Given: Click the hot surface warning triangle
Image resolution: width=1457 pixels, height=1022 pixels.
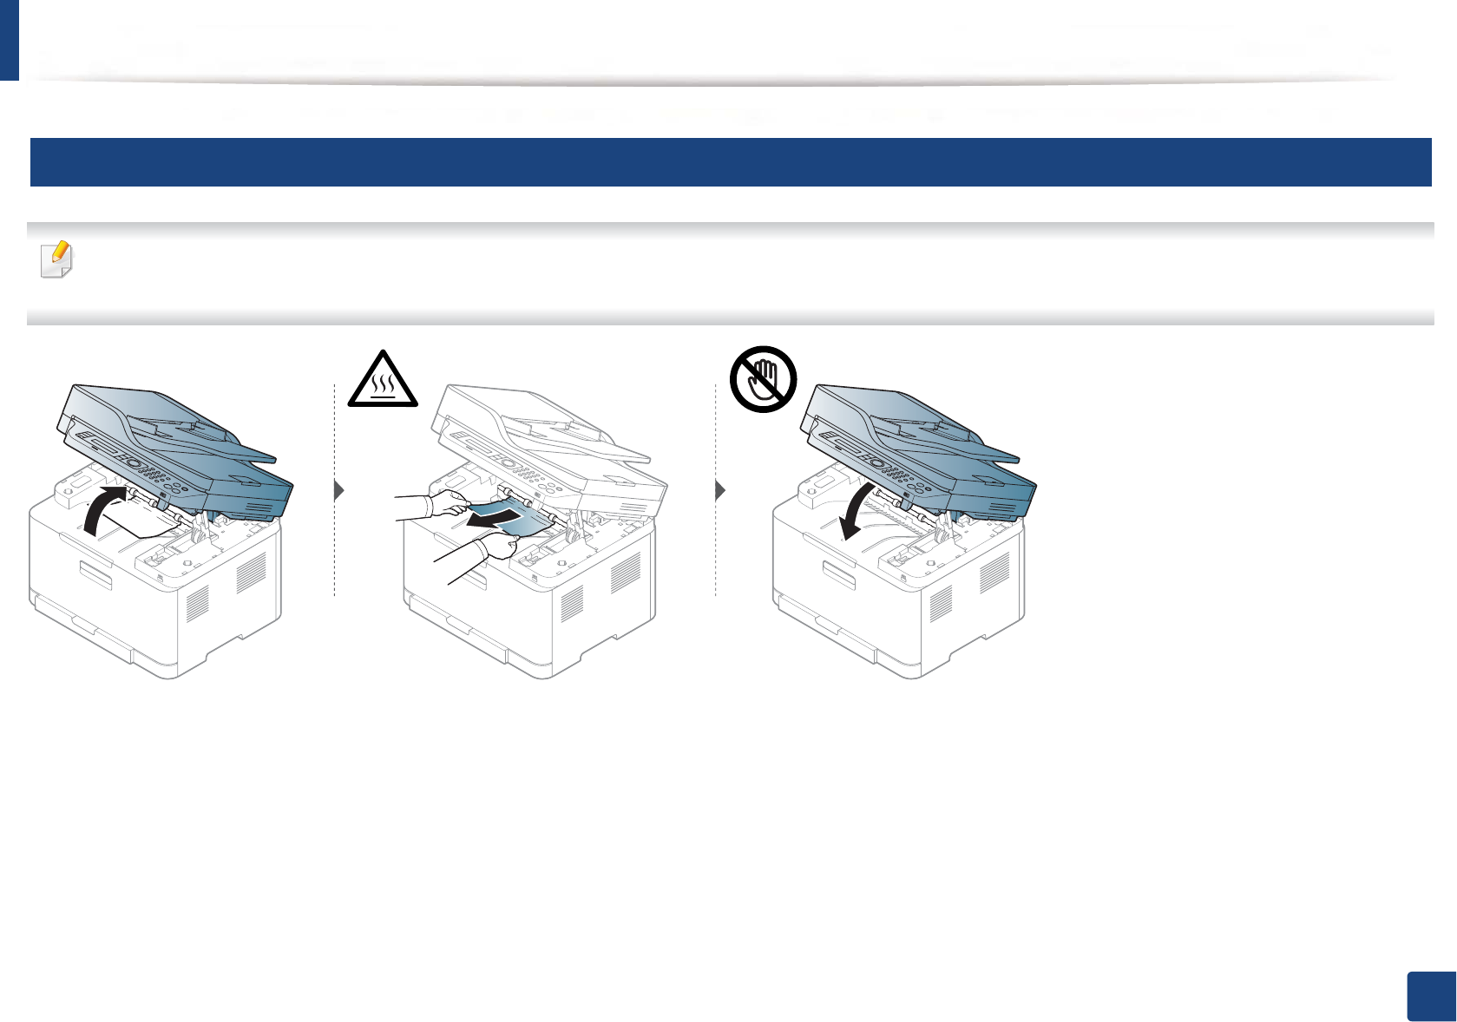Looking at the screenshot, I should [x=383, y=381].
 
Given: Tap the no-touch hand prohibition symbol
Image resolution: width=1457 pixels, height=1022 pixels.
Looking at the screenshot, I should [x=763, y=379].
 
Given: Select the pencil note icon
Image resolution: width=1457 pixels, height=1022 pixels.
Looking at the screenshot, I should [x=57, y=259].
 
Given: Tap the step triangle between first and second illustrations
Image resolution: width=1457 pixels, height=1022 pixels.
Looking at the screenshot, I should [x=339, y=491].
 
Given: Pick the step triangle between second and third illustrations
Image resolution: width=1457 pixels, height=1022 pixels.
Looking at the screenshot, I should [x=720, y=491].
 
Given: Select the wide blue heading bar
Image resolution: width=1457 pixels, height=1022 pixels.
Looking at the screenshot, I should [x=730, y=162].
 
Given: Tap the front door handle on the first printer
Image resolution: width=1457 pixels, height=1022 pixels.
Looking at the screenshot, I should [x=96, y=574].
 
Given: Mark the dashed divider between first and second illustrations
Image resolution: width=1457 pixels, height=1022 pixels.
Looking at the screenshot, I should [x=334, y=538].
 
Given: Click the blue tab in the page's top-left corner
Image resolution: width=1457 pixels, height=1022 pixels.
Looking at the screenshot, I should [x=9, y=40].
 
